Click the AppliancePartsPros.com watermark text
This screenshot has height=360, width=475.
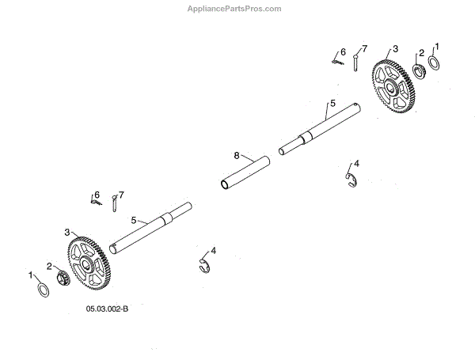237,9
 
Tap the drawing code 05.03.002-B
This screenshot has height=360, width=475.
108,309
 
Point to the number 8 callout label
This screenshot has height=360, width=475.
236,156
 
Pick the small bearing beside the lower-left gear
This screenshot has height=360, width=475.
63,279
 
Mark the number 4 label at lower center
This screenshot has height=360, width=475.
214,250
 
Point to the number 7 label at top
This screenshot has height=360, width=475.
365,47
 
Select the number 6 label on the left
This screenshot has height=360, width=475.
97,194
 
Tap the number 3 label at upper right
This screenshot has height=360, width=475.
396,48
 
